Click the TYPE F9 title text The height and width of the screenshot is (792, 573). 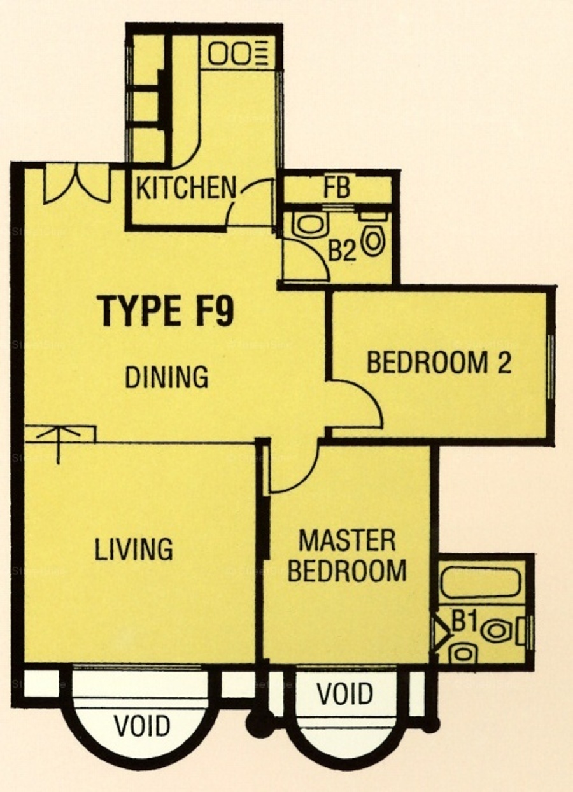(x=167, y=311)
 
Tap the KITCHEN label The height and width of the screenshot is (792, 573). (x=186, y=188)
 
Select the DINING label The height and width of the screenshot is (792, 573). (x=167, y=377)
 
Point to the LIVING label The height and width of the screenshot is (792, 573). (x=134, y=549)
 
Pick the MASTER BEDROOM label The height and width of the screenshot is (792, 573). (x=347, y=561)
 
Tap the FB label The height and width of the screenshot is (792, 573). (x=337, y=188)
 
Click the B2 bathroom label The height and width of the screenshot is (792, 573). (x=342, y=251)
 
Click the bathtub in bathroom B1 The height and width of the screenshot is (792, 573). (x=481, y=583)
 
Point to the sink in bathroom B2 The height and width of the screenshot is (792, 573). (x=311, y=225)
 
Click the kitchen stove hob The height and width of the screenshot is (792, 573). (x=237, y=53)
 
